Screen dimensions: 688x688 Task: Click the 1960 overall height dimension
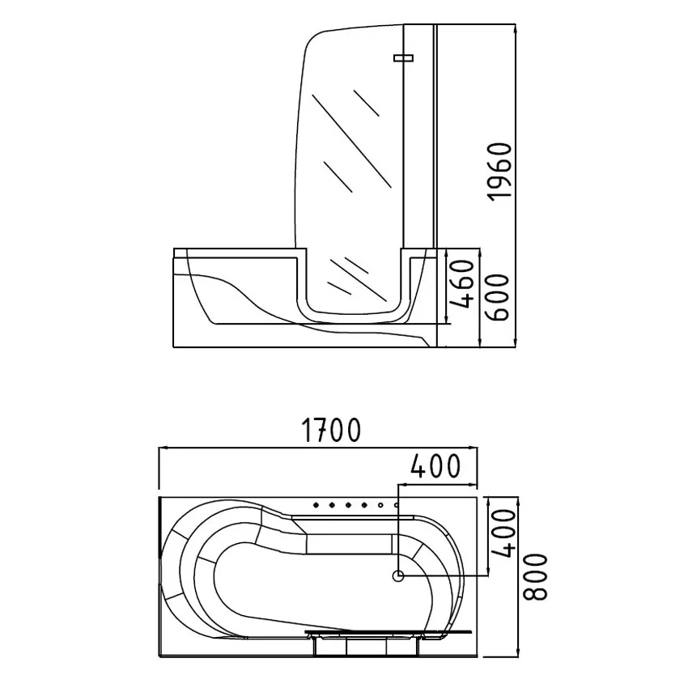(x=500, y=172)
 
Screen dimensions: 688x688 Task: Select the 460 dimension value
(x=464, y=284)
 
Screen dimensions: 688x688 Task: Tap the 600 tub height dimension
(x=498, y=298)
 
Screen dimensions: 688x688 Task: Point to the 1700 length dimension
(x=332, y=430)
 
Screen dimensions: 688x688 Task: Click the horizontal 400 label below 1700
(x=435, y=465)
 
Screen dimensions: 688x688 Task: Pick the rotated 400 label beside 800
(x=502, y=533)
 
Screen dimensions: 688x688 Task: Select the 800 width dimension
(x=536, y=576)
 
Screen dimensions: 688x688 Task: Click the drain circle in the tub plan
(x=398, y=575)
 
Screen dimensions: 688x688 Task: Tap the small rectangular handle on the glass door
(x=404, y=58)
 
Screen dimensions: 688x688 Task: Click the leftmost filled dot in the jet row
(x=316, y=505)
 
